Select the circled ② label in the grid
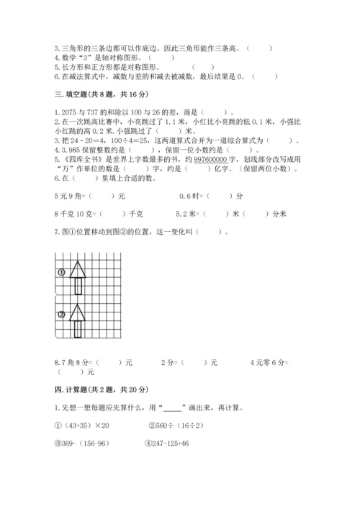61,314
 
